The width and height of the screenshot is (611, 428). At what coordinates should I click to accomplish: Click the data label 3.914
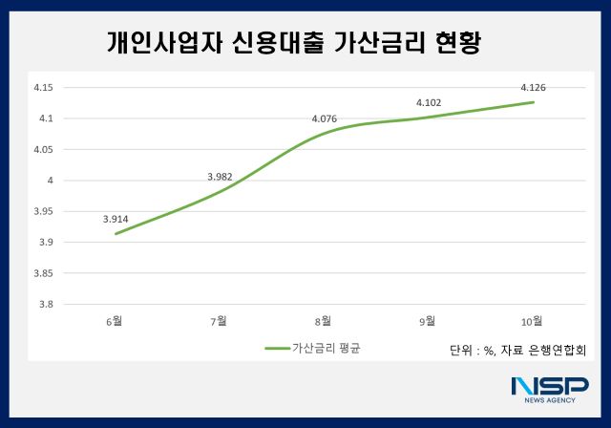(x=116, y=219)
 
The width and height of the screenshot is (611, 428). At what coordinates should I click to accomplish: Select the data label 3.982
(x=220, y=177)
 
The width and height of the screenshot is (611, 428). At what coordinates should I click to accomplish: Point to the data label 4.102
(x=429, y=102)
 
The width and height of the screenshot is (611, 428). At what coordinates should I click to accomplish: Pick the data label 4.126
(x=533, y=88)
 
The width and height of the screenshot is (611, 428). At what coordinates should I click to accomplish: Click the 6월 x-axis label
(x=116, y=320)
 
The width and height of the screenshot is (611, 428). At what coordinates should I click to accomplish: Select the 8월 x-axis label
(x=325, y=320)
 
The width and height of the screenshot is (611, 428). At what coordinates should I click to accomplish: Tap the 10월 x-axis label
(x=533, y=320)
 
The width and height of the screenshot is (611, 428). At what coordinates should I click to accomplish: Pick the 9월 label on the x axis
(x=429, y=320)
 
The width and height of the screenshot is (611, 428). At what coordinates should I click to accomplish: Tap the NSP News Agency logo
(x=549, y=389)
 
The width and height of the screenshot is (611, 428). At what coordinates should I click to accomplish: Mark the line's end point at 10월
(x=533, y=102)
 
